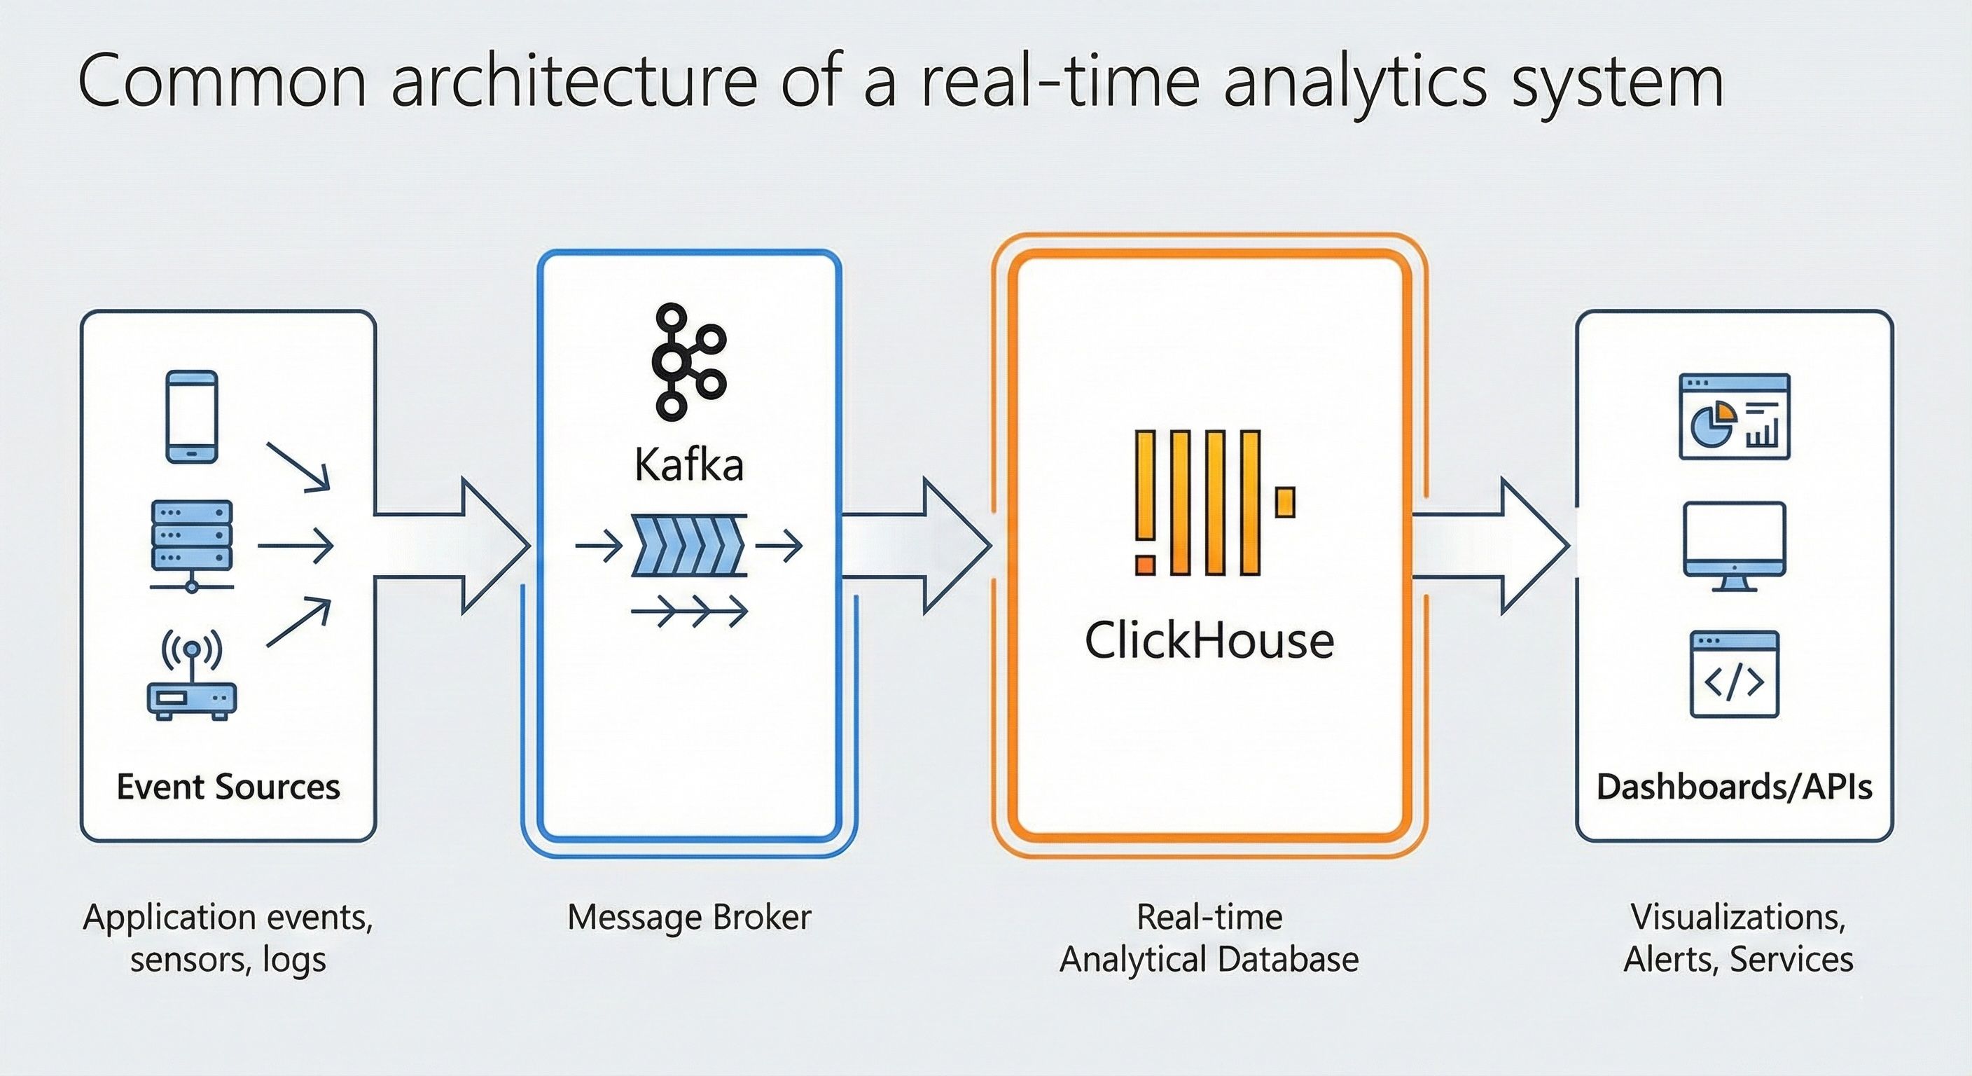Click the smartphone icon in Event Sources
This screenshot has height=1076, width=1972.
(192, 417)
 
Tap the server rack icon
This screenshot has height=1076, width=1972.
(192, 544)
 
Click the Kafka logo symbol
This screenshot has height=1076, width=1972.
(688, 361)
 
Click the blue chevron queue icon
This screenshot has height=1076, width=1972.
(688, 545)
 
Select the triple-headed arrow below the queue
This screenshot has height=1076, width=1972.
(689, 611)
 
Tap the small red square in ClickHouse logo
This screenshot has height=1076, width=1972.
(1145, 564)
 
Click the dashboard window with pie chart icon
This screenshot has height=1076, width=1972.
(1734, 417)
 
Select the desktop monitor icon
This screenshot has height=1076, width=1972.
(1734, 545)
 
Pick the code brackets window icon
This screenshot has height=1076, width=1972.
(1734, 674)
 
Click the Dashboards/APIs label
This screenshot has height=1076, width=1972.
(1734, 787)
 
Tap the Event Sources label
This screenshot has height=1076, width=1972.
(228, 787)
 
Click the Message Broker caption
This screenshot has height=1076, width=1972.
(689, 917)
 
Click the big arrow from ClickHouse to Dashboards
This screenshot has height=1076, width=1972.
(1489, 545)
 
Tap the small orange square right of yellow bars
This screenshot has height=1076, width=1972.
(1285, 502)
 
